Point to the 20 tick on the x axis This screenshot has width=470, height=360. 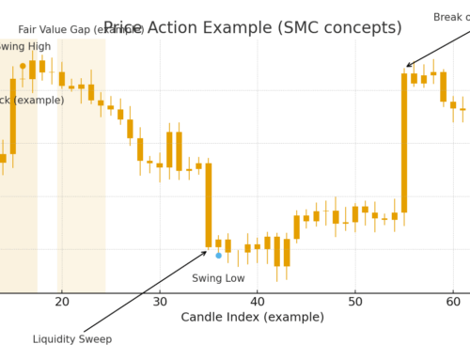point(62,301)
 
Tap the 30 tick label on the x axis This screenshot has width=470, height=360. point(160,301)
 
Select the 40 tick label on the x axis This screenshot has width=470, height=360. point(258,301)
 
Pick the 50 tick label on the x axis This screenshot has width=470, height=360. point(355,301)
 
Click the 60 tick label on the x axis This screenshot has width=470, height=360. point(453,301)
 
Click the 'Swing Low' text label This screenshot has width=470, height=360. point(218,278)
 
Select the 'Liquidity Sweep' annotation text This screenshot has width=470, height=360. point(72,339)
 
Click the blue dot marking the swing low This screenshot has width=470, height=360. point(218,255)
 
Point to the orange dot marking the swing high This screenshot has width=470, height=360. point(23,66)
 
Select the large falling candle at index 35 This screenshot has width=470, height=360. point(209,205)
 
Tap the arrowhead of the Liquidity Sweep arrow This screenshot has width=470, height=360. point(205,252)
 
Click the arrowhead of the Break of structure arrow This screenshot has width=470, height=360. point(408,67)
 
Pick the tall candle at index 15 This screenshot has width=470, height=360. point(13,116)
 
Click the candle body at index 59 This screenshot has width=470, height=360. point(443,86)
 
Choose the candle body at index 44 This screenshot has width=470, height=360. point(296,227)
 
